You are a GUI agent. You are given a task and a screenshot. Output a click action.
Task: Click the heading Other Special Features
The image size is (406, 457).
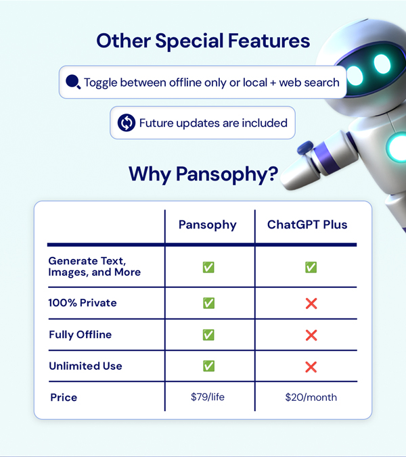pos(203,41)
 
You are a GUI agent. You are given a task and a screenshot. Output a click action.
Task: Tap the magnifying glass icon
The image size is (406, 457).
pos(72,83)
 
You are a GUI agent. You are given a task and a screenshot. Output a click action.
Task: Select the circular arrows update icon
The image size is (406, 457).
pos(127,122)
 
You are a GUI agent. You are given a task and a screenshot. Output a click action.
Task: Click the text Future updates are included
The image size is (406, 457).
pos(213,122)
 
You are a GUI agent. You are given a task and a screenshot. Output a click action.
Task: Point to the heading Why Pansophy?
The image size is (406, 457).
pos(203,174)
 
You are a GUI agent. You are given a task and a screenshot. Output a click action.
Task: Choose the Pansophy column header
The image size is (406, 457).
pos(208,224)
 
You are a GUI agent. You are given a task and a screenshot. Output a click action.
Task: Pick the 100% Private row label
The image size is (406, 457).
pos(83,303)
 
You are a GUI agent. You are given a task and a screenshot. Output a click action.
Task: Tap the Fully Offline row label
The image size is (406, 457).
pos(80,335)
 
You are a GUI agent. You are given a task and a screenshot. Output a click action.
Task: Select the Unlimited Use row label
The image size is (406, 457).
pos(85,366)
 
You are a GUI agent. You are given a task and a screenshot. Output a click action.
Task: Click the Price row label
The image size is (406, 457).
pos(64,398)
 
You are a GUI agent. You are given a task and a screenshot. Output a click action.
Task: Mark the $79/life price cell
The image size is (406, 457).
pos(208,398)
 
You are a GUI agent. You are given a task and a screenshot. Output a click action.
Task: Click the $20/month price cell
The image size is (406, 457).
pos(311,398)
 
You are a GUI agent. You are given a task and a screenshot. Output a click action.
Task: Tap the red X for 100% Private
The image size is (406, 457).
pos(311,304)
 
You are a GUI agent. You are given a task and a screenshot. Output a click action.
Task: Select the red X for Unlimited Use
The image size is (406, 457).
pos(311,366)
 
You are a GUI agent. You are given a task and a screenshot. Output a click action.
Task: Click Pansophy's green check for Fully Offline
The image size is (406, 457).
pos(208,335)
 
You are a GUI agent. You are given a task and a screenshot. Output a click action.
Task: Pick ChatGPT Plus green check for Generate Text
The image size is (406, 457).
pos(311,267)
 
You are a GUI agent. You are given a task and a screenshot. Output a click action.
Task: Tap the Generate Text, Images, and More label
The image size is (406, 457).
pos(95,266)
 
